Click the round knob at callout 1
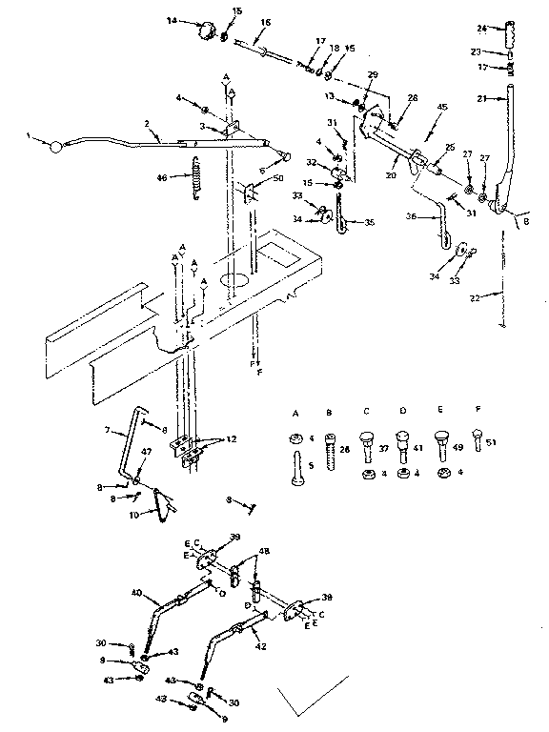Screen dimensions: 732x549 (x=57, y=147)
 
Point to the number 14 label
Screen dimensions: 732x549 (x=172, y=20)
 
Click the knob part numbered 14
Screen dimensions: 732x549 (x=203, y=30)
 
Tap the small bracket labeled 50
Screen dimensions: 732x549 (x=250, y=194)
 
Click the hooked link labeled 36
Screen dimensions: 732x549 (x=439, y=225)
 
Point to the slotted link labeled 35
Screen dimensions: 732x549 (x=341, y=224)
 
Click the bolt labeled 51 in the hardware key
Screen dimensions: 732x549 (x=479, y=442)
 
